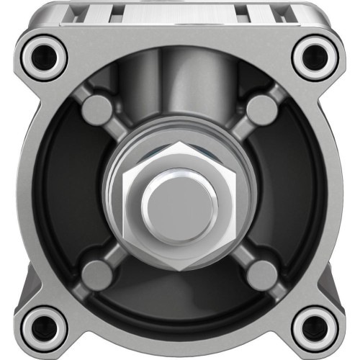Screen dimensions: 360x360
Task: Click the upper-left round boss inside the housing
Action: pos(96,109)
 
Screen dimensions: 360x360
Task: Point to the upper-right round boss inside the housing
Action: pos(262,109)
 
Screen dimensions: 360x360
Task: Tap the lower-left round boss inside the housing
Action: pos(96,272)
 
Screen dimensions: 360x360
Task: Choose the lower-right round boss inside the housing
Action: pos(262,272)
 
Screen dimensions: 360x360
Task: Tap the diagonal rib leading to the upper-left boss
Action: pos(115,128)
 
